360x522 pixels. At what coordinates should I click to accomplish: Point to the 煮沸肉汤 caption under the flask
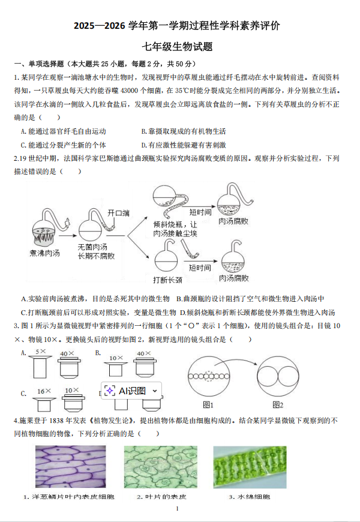(x=45, y=253)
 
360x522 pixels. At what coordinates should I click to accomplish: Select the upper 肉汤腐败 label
(x=234, y=221)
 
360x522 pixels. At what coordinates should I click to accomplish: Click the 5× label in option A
(x=41, y=352)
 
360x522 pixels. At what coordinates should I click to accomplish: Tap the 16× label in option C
(x=41, y=391)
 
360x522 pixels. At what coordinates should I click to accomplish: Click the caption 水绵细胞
(x=250, y=497)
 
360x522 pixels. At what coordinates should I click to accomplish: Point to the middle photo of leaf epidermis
(x=160, y=466)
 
